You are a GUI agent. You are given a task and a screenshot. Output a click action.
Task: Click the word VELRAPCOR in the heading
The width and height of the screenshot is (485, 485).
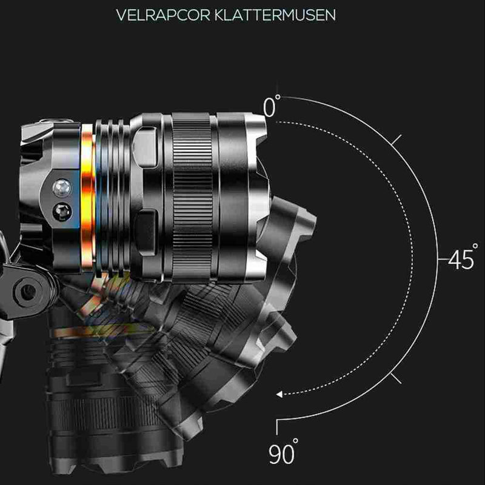(x=163, y=15)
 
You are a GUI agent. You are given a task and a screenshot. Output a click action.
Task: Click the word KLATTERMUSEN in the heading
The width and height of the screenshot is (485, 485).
(x=275, y=15)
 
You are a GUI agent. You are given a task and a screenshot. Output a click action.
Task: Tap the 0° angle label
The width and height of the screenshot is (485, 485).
(x=272, y=105)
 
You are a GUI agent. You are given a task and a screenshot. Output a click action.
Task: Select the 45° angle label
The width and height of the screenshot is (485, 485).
(x=463, y=256)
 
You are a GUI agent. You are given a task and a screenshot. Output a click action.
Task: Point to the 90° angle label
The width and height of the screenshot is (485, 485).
(x=283, y=451)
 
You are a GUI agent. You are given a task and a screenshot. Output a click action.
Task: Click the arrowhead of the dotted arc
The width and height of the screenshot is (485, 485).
(x=279, y=394)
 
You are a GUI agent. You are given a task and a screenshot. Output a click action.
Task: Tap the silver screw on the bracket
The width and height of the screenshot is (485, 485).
(x=62, y=188)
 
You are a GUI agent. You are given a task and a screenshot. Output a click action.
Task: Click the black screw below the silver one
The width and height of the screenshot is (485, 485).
(x=62, y=212)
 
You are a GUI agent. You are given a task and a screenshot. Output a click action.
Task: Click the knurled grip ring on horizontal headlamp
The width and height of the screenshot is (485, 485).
(x=192, y=198)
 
